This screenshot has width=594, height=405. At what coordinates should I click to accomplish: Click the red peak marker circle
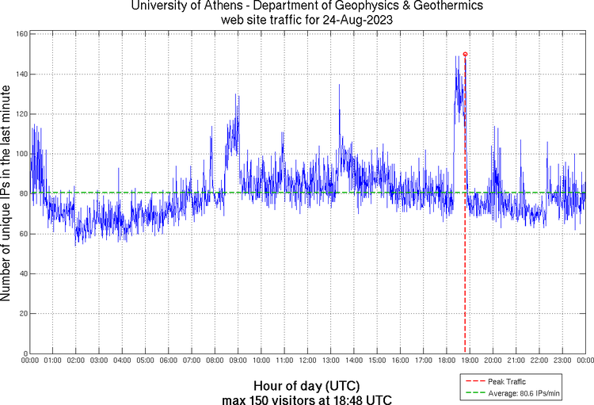point(465,54)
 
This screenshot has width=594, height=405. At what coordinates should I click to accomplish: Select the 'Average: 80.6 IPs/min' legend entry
point(524,392)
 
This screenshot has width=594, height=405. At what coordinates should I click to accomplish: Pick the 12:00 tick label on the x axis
point(308,361)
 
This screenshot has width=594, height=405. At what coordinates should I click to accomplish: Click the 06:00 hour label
point(169,361)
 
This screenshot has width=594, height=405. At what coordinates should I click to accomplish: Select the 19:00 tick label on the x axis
point(470,361)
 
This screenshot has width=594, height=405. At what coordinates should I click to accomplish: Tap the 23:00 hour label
point(562,361)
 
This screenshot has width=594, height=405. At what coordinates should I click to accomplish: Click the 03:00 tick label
point(99,361)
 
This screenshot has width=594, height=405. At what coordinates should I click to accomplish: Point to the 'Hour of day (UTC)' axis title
point(307,385)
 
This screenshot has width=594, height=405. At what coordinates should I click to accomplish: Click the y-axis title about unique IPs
point(7,194)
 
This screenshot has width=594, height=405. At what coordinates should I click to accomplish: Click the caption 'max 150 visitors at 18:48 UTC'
point(307,398)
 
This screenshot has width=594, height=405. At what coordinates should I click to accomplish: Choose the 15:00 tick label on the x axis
point(377,361)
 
